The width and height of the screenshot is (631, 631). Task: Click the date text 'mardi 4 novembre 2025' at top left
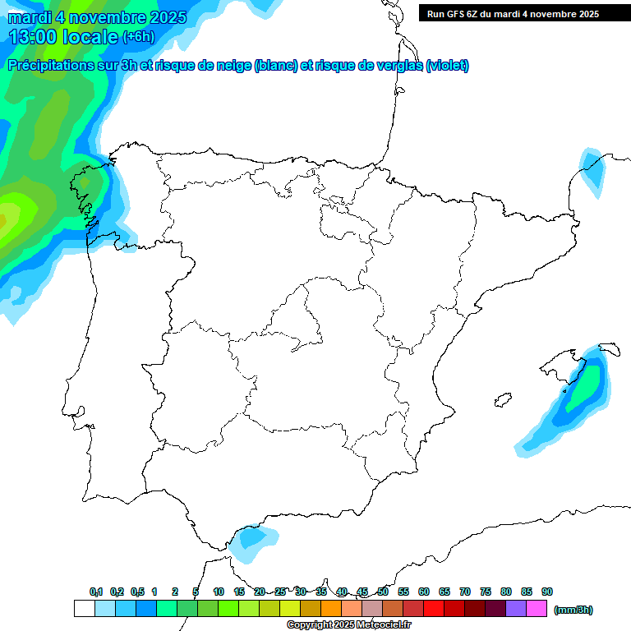pyautogui.click(x=97, y=17)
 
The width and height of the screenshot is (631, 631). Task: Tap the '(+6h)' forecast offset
pyautogui.click(x=138, y=37)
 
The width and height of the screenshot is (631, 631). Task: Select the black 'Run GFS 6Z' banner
pyautogui.click(x=523, y=13)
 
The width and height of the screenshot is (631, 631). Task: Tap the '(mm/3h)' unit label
pyautogui.click(x=573, y=610)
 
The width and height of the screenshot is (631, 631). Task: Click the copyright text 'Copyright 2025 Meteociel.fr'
pyautogui.click(x=349, y=625)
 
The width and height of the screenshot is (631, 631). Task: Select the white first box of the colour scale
pyautogui.click(x=84, y=609)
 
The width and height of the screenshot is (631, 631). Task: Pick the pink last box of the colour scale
pyautogui.click(x=537, y=609)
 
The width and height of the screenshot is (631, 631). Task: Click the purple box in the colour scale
pyautogui.click(x=516, y=609)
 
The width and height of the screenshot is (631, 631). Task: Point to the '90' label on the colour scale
pyautogui.click(x=547, y=592)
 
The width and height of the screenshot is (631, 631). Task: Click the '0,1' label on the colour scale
pyautogui.click(x=96, y=592)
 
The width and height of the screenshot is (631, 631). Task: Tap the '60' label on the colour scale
pyautogui.click(x=424, y=592)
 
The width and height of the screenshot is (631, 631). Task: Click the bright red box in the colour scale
pyautogui.click(x=434, y=609)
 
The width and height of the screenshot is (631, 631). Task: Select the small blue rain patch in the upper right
pyautogui.click(x=591, y=169)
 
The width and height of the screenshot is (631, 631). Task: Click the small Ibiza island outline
pyautogui.click(x=504, y=400)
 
